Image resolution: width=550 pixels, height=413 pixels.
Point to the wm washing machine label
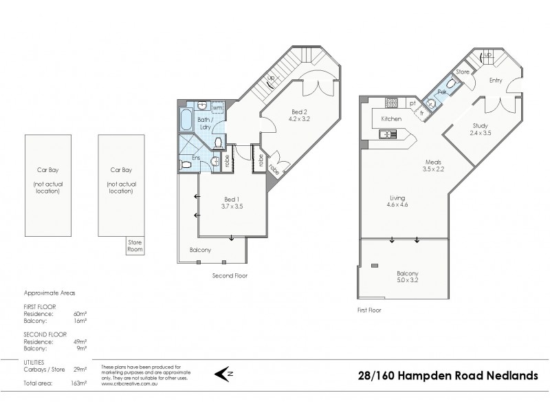click(x=217, y=108)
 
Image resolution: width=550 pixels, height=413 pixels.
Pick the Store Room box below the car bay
click(x=134, y=246)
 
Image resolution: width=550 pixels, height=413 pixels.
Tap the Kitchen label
click(x=390, y=119)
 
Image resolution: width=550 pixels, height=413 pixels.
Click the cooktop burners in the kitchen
click(x=391, y=103)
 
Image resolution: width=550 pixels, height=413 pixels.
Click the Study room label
click(x=480, y=125)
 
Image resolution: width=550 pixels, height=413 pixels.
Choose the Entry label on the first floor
click(x=496, y=81)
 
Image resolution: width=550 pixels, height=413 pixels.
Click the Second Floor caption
click(x=230, y=275)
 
